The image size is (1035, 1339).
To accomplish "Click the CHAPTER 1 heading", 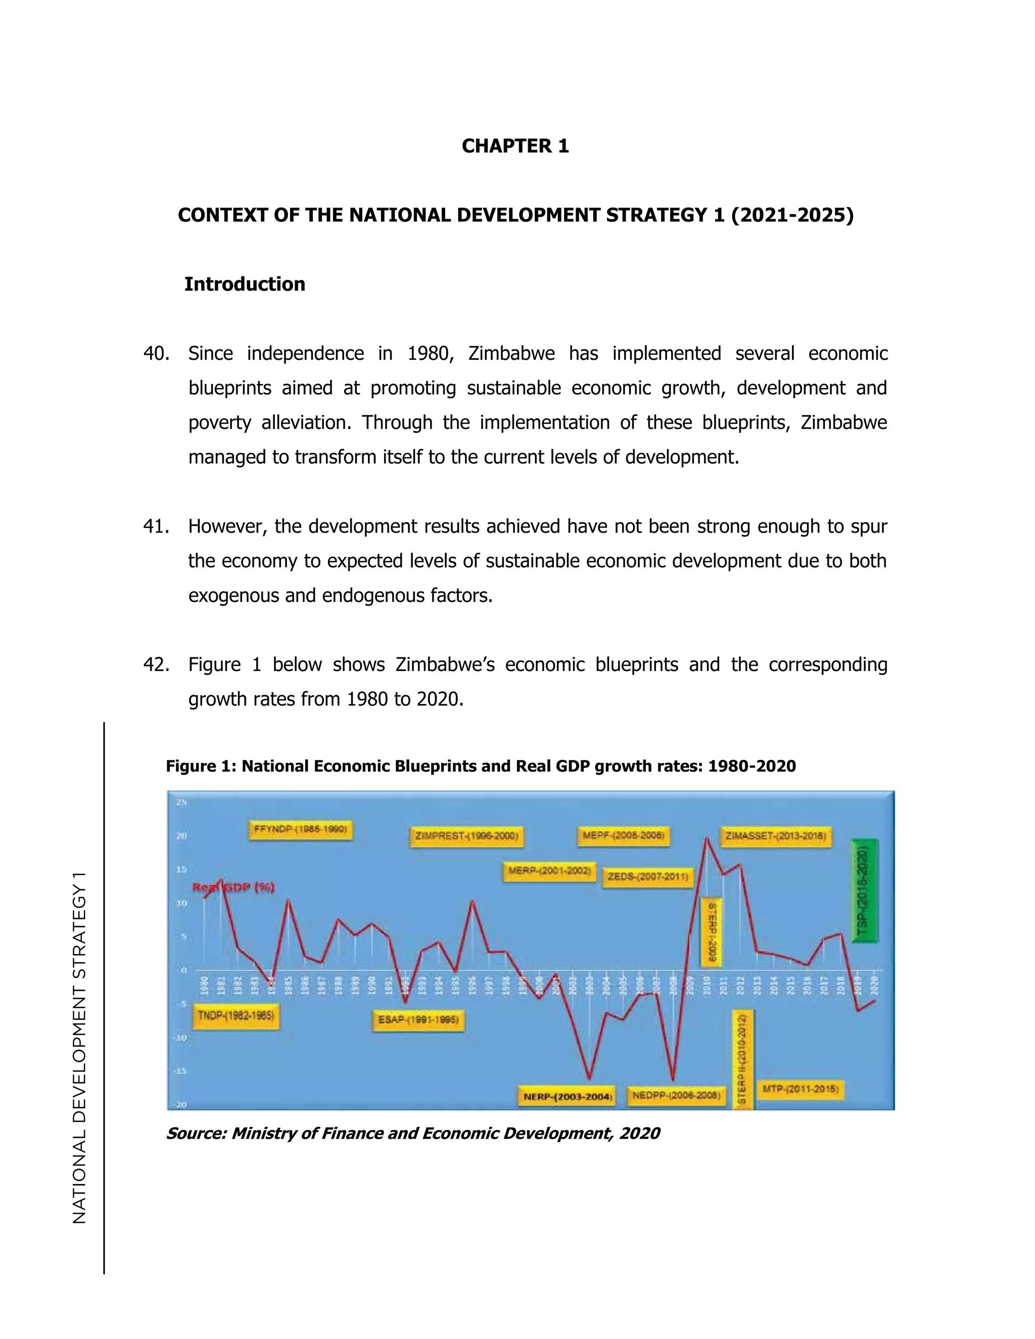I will click(515, 146).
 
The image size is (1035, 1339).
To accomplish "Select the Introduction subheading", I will click(245, 284).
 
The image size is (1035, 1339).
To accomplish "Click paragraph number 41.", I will click(156, 526).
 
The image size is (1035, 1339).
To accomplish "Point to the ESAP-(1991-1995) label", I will click(418, 1020).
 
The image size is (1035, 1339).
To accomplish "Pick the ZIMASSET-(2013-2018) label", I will click(776, 836).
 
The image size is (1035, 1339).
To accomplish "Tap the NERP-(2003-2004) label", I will click(568, 1097).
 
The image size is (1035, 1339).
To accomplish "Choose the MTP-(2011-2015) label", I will click(800, 1089).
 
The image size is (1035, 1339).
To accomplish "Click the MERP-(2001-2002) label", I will click(549, 871).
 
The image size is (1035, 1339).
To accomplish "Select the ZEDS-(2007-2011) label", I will click(647, 877).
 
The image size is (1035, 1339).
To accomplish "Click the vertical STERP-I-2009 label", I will click(711, 933).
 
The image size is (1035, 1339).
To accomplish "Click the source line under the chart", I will click(413, 1133).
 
